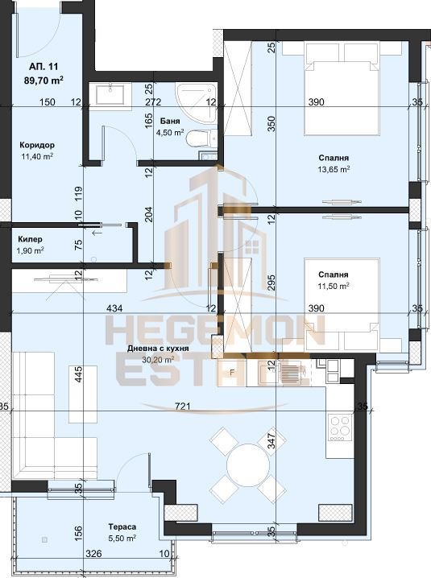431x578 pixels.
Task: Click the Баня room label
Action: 170,122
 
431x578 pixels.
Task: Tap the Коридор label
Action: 37,145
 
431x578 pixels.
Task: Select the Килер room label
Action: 30,239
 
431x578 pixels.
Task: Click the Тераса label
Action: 122,527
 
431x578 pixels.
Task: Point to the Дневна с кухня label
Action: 158,349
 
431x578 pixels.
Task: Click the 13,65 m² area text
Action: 334,170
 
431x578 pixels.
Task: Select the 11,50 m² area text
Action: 334,286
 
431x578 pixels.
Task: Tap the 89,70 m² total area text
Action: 44,80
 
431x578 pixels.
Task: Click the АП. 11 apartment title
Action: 44,67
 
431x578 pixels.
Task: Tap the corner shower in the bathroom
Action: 196,101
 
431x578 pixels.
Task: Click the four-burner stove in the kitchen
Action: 340,427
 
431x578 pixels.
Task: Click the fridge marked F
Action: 232,372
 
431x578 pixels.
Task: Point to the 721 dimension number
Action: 183,407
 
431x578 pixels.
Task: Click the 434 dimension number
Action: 114,308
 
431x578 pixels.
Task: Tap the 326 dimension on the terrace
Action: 93,554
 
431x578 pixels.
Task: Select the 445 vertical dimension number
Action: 78,374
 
